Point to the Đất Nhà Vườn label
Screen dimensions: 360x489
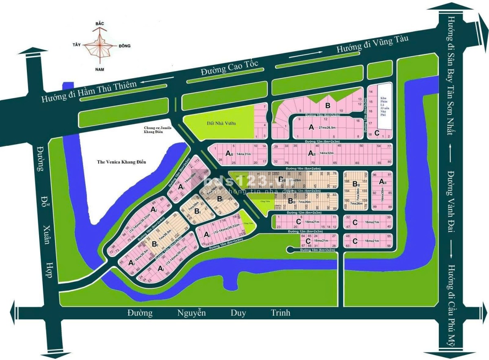pyautogui.click(x=221, y=123)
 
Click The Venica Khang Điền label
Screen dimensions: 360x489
pyautogui.click(x=121, y=162)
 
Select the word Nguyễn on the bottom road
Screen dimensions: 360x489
pyautogui.click(x=192, y=313)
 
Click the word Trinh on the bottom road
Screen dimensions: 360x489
pyautogui.click(x=281, y=313)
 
